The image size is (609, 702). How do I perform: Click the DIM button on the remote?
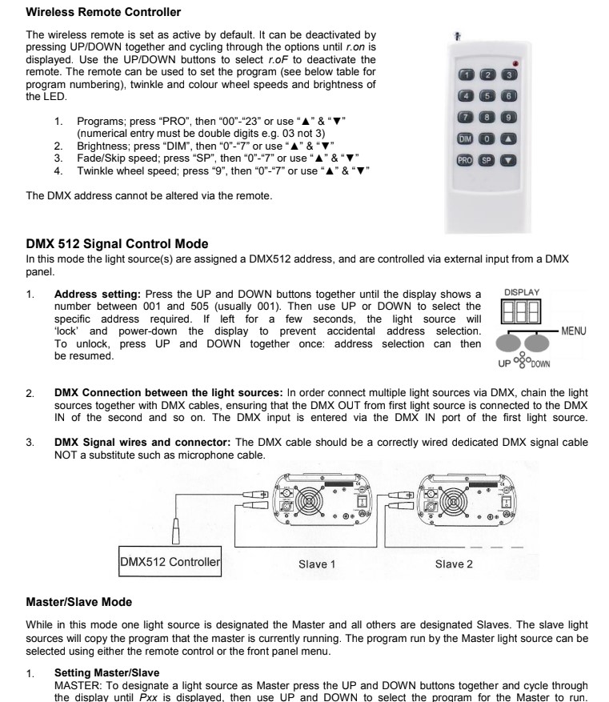[464, 137]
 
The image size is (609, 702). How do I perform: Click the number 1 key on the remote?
[464, 74]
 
